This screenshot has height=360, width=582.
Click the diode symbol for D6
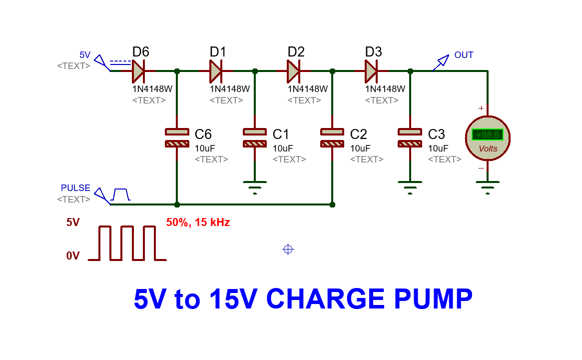coord(138,71)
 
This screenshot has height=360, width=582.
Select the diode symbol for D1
coord(216,71)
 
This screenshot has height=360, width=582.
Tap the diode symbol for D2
coord(294,71)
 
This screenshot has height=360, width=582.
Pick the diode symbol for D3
coord(371,71)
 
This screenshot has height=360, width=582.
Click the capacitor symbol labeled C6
coord(177,138)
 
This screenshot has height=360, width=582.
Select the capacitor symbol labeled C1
coord(255,138)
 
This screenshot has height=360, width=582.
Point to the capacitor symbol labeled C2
coord(332,138)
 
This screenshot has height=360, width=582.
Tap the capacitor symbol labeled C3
coord(410,138)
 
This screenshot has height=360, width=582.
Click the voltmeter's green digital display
coord(488,135)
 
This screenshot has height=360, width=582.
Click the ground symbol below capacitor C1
coord(255,186)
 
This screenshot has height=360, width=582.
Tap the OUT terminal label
coord(464,55)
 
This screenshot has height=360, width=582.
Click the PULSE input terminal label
coord(75,188)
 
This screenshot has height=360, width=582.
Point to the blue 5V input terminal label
coord(85,55)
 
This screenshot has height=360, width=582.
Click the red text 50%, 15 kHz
coord(198,222)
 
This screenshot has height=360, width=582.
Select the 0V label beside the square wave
coord(73,256)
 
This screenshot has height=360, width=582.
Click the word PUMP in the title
coord(433,299)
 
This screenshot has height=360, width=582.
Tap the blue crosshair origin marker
coord(288,249)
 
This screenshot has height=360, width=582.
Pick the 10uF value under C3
coord(438,148)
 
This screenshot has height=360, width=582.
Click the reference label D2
coord(296,52)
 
